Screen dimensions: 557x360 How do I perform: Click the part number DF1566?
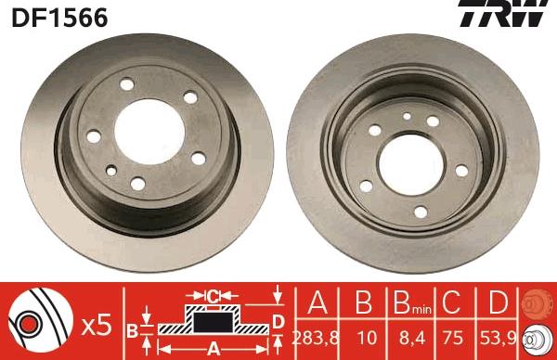pos(59,18)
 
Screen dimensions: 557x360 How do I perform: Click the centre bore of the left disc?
pos(149,132)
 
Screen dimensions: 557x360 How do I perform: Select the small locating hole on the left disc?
pos(111,171)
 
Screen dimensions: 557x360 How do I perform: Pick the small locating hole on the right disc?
pos(408,116)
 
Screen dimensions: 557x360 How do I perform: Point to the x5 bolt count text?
pos(97,326)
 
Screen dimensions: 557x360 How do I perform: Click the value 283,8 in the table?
pos(316,339)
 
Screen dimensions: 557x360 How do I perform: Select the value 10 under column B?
pos(367,338)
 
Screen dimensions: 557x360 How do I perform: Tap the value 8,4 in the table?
pos(412,339)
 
